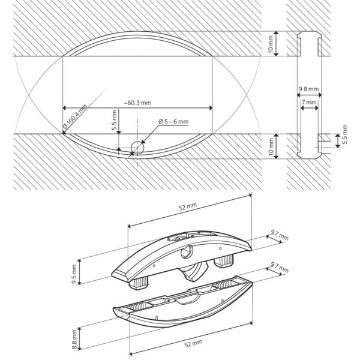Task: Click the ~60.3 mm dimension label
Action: pyautogui.click(x=137, y=103)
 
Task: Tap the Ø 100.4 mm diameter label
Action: pyautogui.click(x=75, y=116)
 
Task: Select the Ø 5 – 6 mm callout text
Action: pyautogui.click(x=173, y=121)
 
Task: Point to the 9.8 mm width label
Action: pyautogui.click(x=308, y=89)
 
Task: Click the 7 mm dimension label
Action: pyautogui.click(x=309, y=102)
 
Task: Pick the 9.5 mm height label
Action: pyautogui.click(x=74, y=274)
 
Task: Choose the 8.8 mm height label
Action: pyautogui.click(x=74, y=340)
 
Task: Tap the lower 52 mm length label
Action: pyautogui.click(x=194, y=344)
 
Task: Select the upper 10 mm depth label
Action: pyautogui.click(x=271, y=44)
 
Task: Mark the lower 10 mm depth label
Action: pyautogui.click(x=271, y=146)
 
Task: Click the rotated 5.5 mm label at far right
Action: pyautogui.click(x=344, y=134)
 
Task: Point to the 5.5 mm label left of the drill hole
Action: pyautogui.click(x=115, y=121)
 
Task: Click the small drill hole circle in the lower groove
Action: pyautogui.click(x=137, y=148)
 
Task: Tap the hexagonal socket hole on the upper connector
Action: pyautogui.click(x=186, y=253)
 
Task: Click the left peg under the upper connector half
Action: pyautogui.click(x=138, y=284)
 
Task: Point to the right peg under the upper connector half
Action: pyautogui.click(x=224, y=262)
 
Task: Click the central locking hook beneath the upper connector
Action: pyautogui.click(x=194, y=272)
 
